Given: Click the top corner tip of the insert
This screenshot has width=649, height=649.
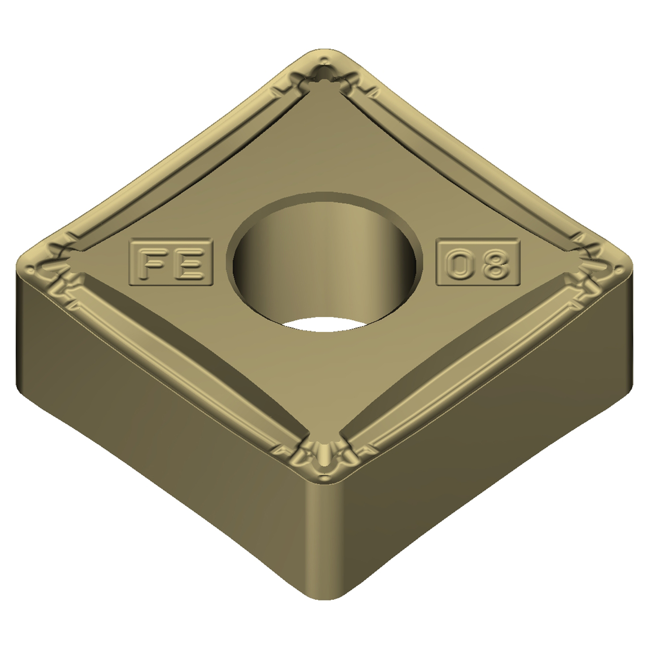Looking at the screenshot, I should tap(324, 53).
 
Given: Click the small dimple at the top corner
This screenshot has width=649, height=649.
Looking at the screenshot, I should tap(323, 76).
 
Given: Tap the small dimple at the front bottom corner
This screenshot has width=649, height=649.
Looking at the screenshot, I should tap(323, 462).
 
